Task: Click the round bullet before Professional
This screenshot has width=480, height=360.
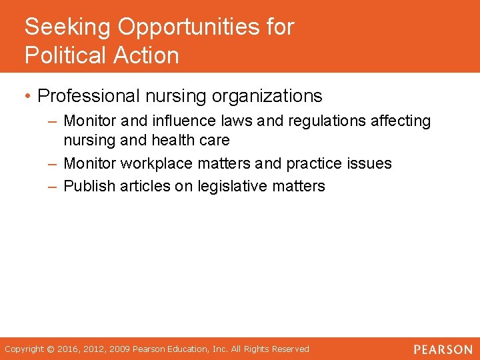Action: tap(28, 97)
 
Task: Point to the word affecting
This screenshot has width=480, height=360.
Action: tap(401, 121)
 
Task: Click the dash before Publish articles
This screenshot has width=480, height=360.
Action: tap(53, 186)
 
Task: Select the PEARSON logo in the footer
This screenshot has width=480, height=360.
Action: tap(442, 349)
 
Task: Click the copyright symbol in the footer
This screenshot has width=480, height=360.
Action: tap(50, 349)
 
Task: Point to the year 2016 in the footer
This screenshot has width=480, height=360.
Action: tap(67, 349)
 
